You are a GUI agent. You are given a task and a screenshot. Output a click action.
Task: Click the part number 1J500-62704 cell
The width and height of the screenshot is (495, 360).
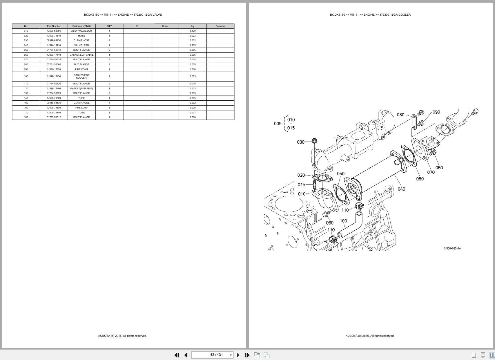(54, 31)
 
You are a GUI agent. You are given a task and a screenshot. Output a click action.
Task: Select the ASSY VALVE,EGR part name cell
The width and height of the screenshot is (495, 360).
(81, 31)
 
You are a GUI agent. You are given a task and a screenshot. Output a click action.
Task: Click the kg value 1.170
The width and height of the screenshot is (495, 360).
(193, 31)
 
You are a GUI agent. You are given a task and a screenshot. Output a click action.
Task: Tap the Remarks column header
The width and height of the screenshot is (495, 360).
(220, 26)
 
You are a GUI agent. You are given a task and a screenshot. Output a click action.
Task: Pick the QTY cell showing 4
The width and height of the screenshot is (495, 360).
(109, 103)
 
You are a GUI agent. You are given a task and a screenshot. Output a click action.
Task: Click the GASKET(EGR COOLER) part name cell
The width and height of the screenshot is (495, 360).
(81, 76)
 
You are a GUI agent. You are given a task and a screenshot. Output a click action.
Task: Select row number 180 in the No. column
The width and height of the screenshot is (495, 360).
(26, 117)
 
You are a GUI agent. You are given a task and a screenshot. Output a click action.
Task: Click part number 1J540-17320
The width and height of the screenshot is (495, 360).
(54, 69)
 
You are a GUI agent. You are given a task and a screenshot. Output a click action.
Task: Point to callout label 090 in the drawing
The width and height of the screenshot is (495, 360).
(436, 112)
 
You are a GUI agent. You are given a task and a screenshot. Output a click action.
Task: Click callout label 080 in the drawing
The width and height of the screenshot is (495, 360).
(400, 115)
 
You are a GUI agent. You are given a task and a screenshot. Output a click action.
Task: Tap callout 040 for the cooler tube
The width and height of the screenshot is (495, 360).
(401, 189)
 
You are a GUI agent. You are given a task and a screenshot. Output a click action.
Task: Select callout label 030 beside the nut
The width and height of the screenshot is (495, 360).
(301, 142)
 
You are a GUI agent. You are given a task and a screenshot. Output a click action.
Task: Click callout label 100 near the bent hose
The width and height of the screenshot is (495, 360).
(343, 221)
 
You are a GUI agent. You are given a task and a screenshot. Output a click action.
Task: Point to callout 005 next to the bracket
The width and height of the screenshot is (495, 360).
(278, 124)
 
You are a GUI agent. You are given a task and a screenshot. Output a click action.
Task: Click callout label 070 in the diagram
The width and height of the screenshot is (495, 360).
(431, 172)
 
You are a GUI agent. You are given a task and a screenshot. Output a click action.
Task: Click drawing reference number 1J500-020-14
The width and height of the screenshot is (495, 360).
(452, 248)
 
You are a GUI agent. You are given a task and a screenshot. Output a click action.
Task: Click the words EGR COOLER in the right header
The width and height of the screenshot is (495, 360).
(401, 15)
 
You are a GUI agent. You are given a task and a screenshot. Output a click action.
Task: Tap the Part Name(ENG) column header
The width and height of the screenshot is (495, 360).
(81, 26)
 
